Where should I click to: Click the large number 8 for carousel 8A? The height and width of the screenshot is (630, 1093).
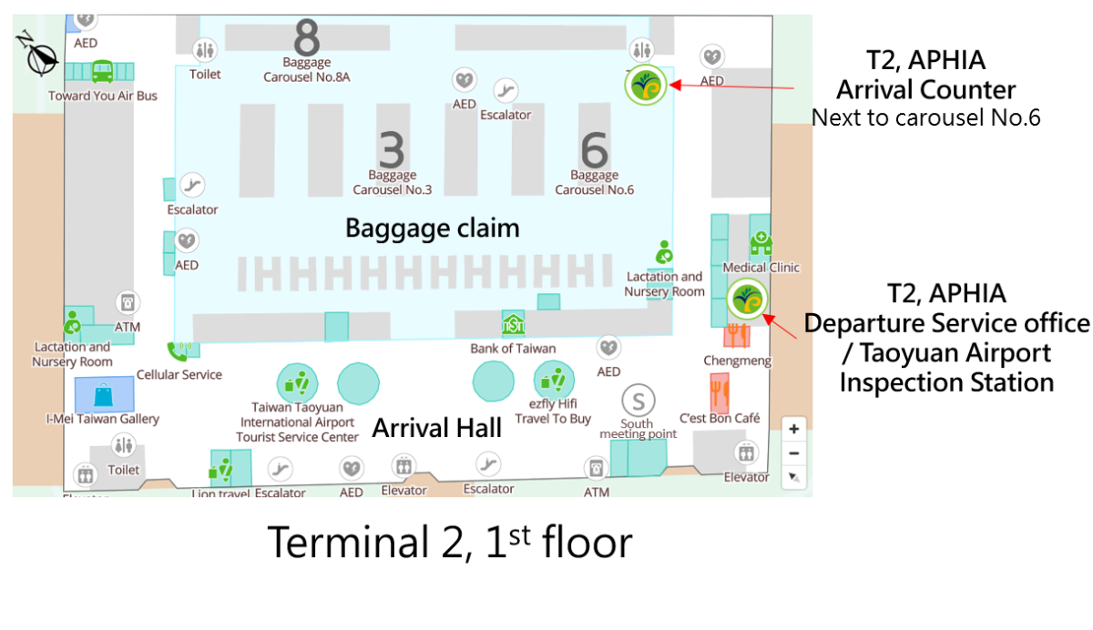[x=307, y=37]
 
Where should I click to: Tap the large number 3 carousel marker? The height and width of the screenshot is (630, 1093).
[x=392, y=149]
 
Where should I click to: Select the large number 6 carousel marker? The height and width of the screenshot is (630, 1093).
[x=594, y=149]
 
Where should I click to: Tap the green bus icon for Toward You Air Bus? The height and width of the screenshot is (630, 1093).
[x=102, y=70]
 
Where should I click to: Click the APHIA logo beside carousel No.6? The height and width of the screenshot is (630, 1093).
[x=646, y=86]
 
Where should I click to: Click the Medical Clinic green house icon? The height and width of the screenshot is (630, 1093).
[x=760, y=244]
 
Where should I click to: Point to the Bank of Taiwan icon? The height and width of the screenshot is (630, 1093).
[x=513, y=324]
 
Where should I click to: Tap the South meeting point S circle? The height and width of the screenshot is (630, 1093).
[x=638, y=400]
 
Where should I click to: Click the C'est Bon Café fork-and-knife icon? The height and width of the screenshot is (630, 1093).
[x=720, y=391]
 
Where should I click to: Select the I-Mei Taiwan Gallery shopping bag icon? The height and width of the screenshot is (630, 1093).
[x=103, y=394]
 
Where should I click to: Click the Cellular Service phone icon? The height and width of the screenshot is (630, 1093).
[x=177, y=351]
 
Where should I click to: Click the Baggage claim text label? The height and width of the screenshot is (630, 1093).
[x=432, y=228]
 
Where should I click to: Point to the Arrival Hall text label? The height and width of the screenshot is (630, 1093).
[x=437, y=428]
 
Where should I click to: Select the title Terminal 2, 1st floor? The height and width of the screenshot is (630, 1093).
[x=449, y=543]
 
